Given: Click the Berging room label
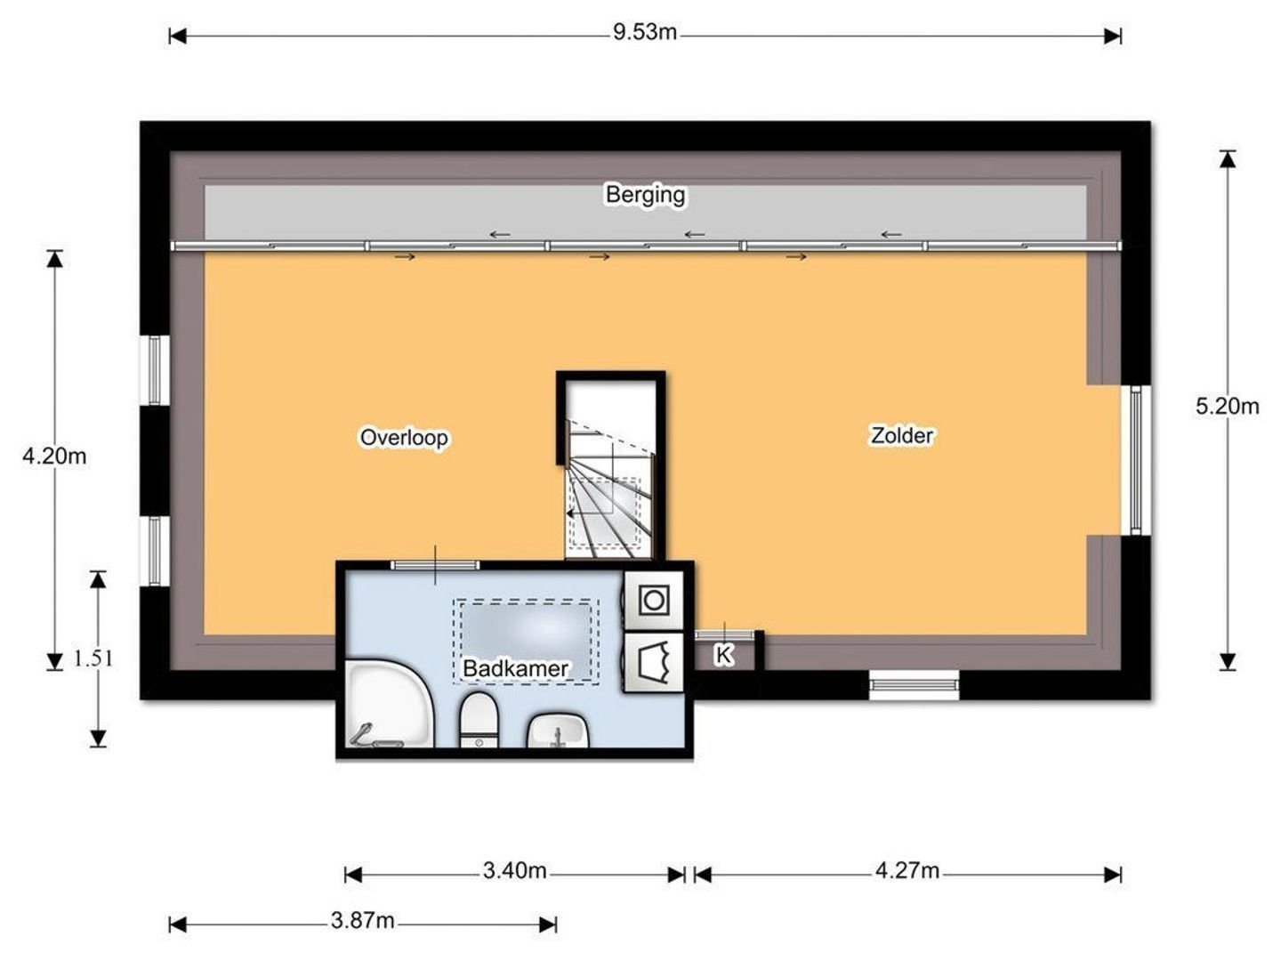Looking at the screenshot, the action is click(x=645, y=194).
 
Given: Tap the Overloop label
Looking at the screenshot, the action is click(x=404, y=437).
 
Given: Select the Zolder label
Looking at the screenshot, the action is click(x=902, y=435).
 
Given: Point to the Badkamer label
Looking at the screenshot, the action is click(x=515, y=668).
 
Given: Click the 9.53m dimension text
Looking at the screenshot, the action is click(x=644, y=32).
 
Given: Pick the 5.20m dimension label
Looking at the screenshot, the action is click(x=1227, y=406).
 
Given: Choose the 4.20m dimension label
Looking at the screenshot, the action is click(x=54, y=456).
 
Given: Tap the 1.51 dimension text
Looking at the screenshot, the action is click(x=93, y=658).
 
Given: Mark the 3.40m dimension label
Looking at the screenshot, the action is click(x=514, y=870).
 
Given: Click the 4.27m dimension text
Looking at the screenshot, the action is click(x=906, y=870).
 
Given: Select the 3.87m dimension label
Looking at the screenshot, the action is click(x=362, y=921).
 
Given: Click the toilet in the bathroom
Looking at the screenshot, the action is click(x=479, y=720).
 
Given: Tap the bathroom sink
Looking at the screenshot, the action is click(x=558, y=731).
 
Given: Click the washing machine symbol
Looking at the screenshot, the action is click(x=654, y=601).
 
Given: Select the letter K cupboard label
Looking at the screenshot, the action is click(x=723, y=655).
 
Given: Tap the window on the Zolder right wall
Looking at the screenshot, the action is click(x=1136, y=460).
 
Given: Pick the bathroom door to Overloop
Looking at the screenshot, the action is click(x=435, y=565).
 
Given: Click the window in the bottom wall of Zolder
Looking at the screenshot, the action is click(x=914, y=685).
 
